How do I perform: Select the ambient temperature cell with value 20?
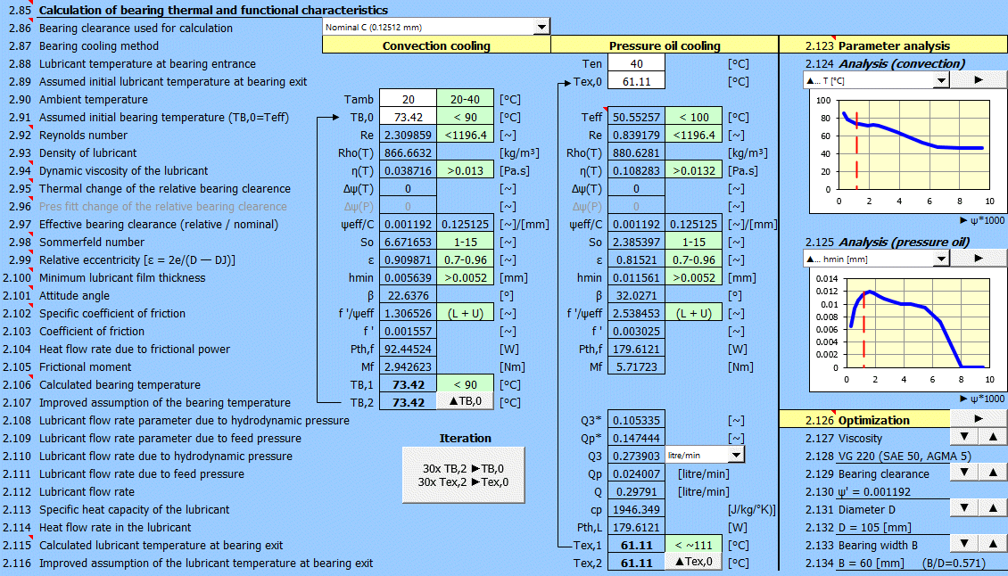[408, 100]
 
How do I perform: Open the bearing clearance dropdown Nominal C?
[436, 27]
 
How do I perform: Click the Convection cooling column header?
[436, 45]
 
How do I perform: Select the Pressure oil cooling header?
[665, 45]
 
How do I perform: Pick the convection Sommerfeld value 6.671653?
[408, 243]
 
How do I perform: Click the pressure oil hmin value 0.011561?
[636, 277]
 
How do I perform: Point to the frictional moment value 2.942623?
[408, 367]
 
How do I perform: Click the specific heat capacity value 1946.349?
[636, 510]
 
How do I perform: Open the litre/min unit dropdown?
[706, 455]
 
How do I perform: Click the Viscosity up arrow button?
[992, 437]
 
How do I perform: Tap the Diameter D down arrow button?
[963, 508]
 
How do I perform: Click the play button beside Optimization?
[978, 418]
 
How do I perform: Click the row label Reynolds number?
[83, 135]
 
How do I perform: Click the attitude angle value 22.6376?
[408, 296]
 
